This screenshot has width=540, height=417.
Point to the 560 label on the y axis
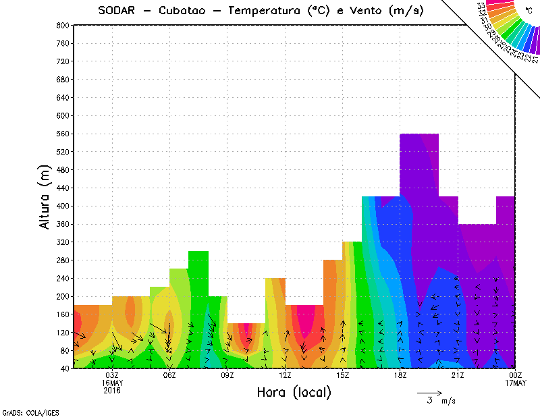(x=63, y=134)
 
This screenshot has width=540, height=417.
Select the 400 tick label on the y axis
(x=63, y=206)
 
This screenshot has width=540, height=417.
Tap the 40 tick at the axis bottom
(x=65, y=368)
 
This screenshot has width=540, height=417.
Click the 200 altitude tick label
(x=63, y=296)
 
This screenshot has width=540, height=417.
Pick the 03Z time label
(x=111, y=375)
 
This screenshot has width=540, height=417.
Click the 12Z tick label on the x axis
(x=285, y=375)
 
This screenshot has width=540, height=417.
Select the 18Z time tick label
(x=400, y=375)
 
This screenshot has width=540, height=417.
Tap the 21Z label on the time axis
(x=458, y=375)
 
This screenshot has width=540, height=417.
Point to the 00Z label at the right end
(x=516, y=375)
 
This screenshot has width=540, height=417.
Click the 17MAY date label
(x=516, y=383)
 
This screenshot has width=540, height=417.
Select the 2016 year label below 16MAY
(x=111, y=391)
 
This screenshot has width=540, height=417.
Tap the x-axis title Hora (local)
(x=294, y=393)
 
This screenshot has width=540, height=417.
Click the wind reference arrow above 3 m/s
(x=429, y=392)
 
